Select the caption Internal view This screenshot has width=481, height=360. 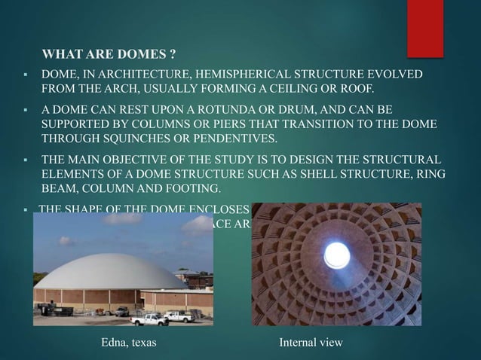point(311,343)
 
